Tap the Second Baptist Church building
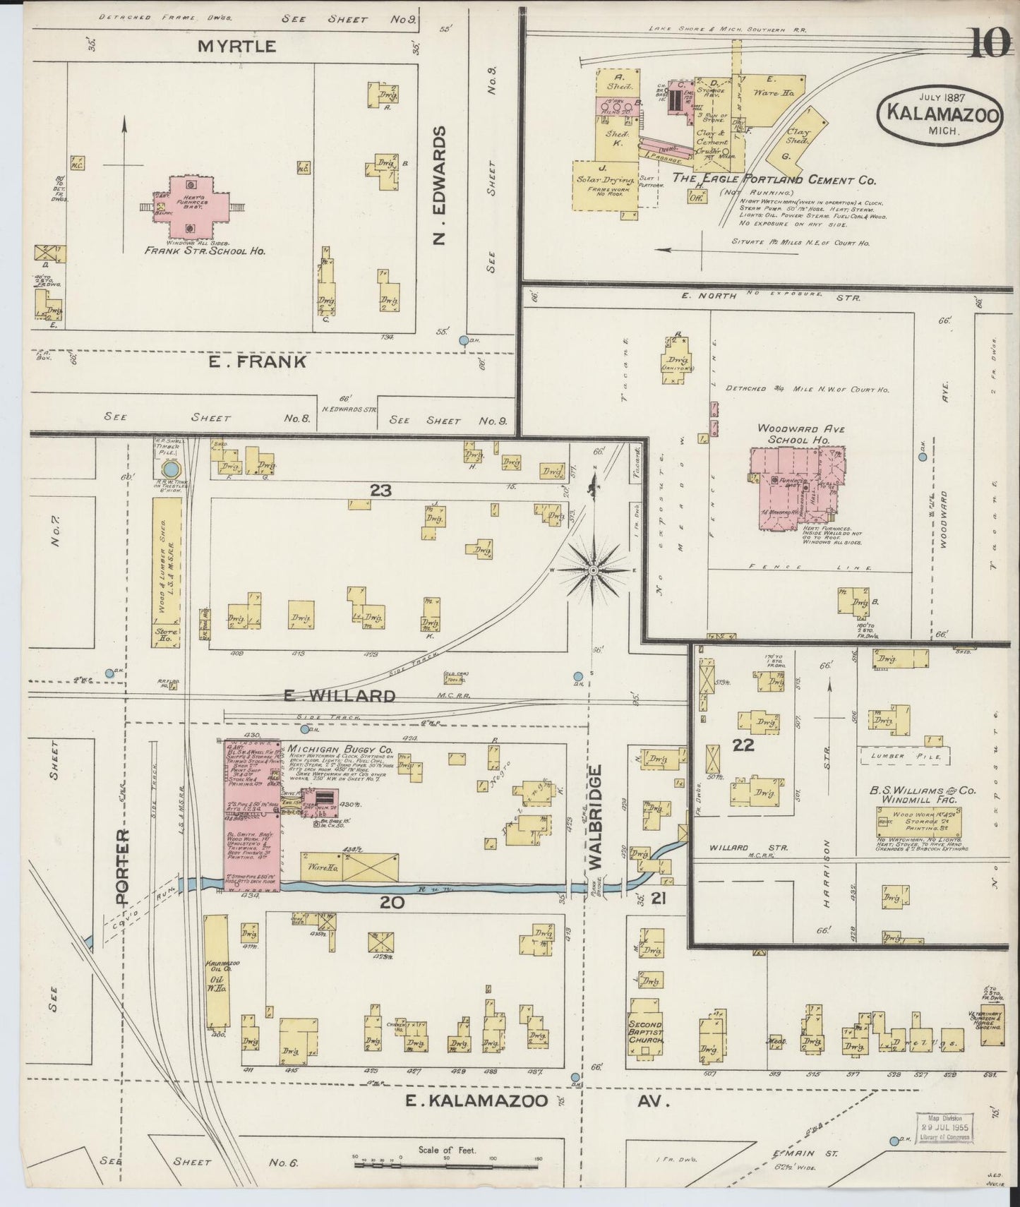(x=645, y=1034)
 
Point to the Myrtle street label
(x=227, y=47)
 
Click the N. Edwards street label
(x=441, y=186)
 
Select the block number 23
(x=380, y=489)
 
